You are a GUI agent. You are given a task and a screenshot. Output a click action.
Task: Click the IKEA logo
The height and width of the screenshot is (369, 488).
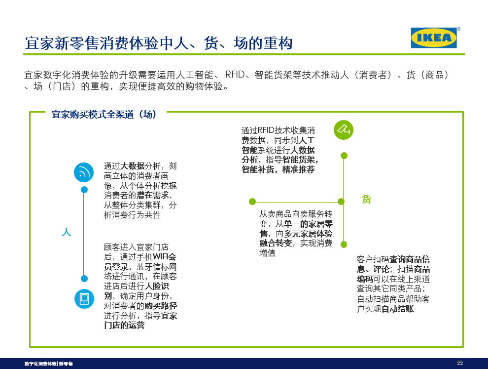click(x=434, y=38)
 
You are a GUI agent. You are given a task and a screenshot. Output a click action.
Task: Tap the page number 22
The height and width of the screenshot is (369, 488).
click(x=460, y=364)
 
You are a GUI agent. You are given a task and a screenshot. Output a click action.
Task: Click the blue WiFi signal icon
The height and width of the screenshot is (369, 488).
click(x=84, y=172)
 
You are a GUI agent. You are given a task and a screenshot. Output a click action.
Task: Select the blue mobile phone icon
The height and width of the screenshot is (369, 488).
click(x=84, y=298)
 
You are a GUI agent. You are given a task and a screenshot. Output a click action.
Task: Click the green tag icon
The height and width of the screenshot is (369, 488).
click(x=344, y=130)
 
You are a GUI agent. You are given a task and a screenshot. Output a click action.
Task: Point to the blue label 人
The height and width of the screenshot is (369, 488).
click(x=66, y=232)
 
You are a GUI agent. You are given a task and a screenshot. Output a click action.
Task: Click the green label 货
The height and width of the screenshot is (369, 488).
click(x=366, y=200)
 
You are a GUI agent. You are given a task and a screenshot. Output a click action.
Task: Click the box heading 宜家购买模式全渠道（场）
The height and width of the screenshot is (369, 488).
click(x=105, y=115)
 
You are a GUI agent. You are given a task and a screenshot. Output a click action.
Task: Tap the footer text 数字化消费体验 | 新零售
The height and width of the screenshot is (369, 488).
click(x=49, y=364)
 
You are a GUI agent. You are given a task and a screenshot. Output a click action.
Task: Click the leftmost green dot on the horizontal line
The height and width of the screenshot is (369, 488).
click(x=252, y=201)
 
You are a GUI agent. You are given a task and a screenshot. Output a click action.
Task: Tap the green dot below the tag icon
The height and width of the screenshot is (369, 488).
click(x=344, y=156)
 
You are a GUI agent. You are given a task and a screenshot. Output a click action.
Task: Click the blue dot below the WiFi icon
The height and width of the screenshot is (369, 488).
click(x=84, y=190)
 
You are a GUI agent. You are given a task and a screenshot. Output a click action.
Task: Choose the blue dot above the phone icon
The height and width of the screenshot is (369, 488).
click(x=84, y=279)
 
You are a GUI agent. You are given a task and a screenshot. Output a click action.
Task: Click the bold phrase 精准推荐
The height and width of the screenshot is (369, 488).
click(x=298, y=169)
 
